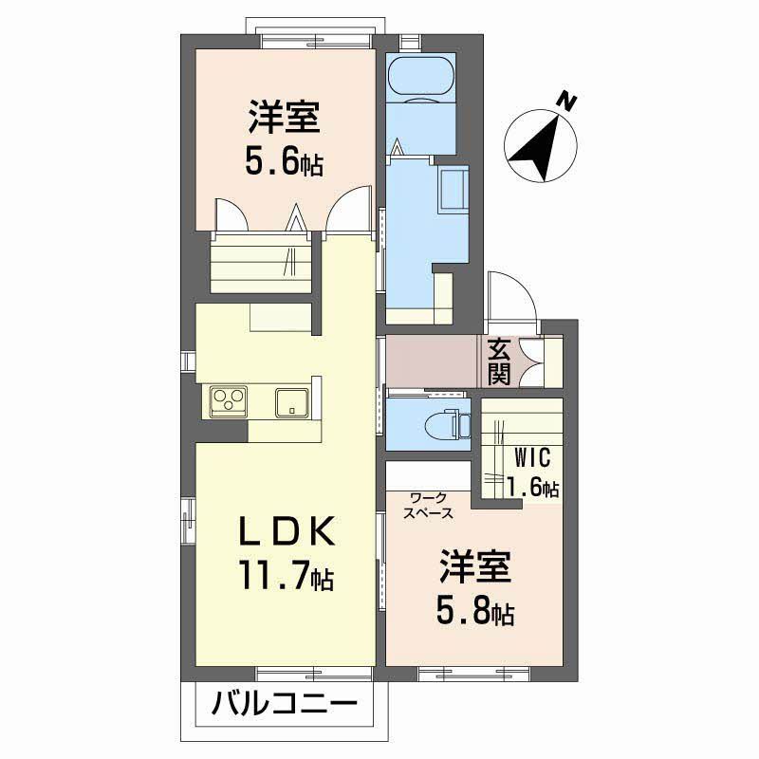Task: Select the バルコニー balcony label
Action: [x=284, y=706]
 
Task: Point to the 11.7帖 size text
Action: [x=285, y=576]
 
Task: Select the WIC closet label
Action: [x=532, y=458]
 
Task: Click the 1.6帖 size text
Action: [x=532, y=488]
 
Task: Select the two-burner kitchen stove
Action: [x=229, y=399]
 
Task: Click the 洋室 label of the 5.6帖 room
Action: [x=284, y=120]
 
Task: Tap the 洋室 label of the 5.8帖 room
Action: [x=474, y=569]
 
